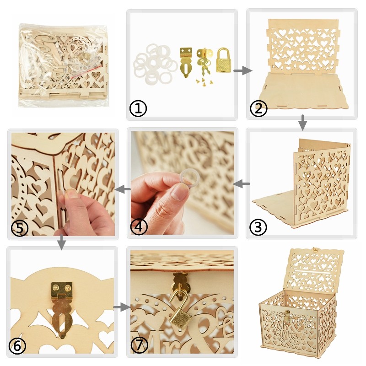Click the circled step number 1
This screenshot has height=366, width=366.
(x=138, y=108)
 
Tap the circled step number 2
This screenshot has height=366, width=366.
(x=258, y=108)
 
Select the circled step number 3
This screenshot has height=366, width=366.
(x=258, y=227)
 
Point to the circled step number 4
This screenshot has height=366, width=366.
(x=139, y=226)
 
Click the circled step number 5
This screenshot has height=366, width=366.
(x=20, y=227)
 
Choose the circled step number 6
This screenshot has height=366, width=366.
(x=17, y=346)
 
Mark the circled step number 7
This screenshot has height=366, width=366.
(x=140, y=344)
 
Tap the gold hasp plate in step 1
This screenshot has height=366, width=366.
(x=186, y=62)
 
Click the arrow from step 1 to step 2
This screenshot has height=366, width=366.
(x=243, y=70)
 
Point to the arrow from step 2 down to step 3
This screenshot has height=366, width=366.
(x=302, y=122)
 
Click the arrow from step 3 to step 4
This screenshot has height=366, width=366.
(x=242, y=184)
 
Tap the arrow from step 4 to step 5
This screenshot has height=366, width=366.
(x=123, y=189)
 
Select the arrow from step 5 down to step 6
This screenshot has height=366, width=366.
(x=61, y=242)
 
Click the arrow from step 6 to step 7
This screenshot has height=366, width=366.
(x=121, y=307)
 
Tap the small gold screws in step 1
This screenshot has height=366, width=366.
(x=204, y=81)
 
